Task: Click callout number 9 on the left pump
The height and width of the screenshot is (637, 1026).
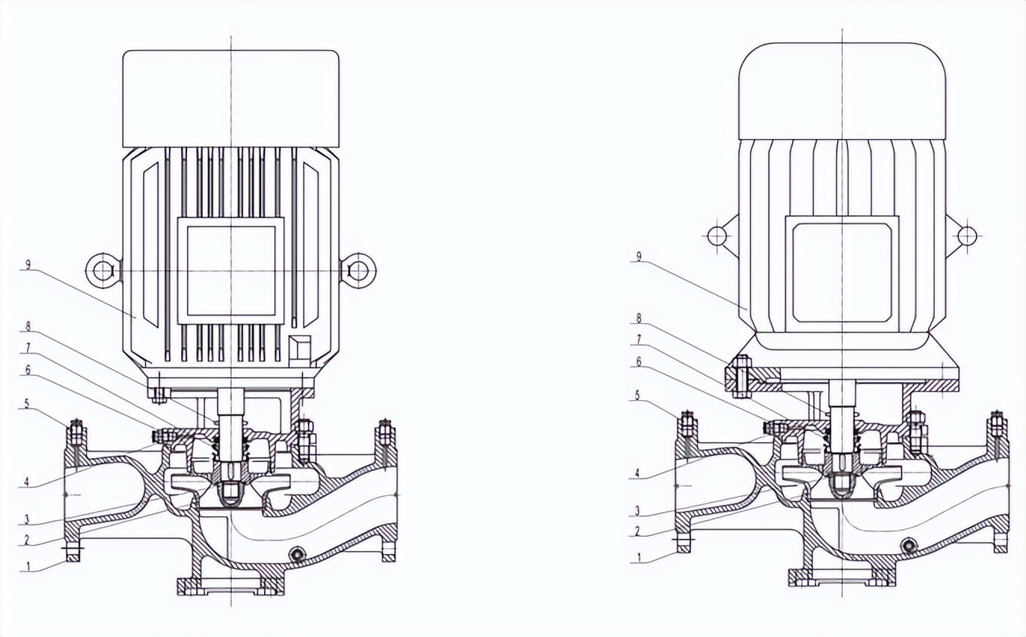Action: [x=29, y=265]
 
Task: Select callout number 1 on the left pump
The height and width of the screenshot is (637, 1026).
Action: [x=29, y=566]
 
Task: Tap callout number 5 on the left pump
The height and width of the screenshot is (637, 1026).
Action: [x=27, y=404]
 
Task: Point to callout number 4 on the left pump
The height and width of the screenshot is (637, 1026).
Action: [x=27, y=482]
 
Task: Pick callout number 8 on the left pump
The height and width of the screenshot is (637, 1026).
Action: [x=28, y=326]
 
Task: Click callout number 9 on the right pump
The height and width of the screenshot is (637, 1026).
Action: [x=640, y=257]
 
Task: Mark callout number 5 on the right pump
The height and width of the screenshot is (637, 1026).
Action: [x=638, y=395]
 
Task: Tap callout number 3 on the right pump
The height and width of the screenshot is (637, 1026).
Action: [x=637, y=510]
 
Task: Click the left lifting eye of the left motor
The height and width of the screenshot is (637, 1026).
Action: [x=103, y=270]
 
